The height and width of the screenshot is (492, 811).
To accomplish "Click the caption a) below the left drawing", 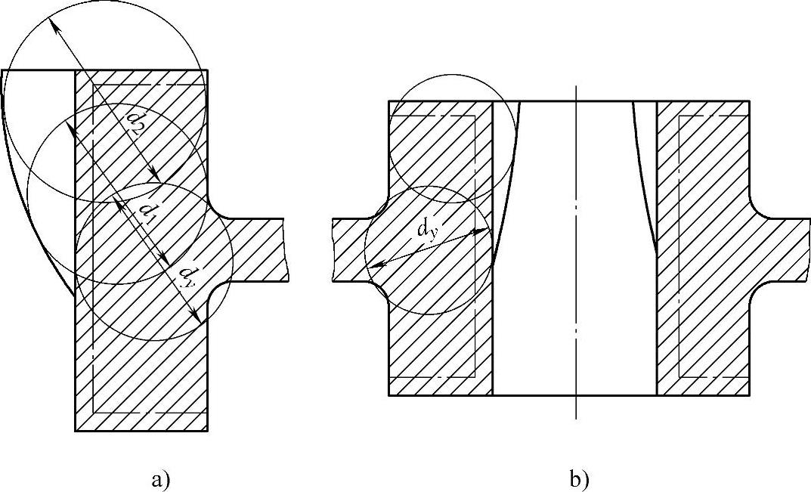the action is point(159,478).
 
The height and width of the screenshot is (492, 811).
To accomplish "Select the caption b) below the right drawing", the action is point(579,478).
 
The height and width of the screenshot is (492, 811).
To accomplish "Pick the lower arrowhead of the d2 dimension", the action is point(157,180).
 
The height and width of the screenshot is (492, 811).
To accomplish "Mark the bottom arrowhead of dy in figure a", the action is point(198,320).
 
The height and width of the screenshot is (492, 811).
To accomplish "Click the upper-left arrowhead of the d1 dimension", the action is point(73,130).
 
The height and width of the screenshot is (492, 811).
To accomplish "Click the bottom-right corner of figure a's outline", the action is point(208,431).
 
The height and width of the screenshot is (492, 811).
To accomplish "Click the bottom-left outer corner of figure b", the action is point(388,395).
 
